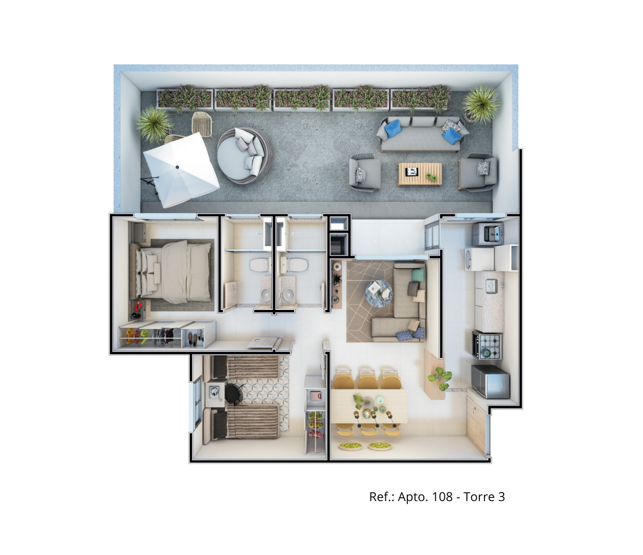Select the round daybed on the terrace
tap(245, 155)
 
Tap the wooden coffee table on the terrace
tap(420, 174)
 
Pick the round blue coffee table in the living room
tap(379, 293)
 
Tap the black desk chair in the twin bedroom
tap(234, 393)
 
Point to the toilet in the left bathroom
tap(259, 265)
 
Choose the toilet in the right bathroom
tap(298, 265)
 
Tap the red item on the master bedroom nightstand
tap(138, 306)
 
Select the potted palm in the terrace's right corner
tap(481, 105)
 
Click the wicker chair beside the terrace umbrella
tap(202, 124)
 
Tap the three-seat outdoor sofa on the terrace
tap(422, 134)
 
